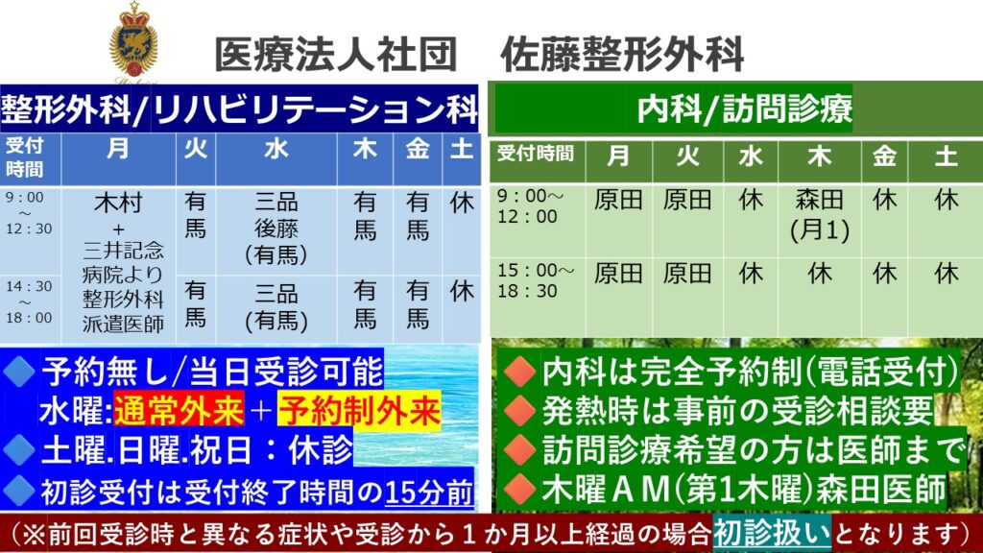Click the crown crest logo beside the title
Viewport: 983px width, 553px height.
133,41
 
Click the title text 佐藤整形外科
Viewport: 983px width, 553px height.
622,55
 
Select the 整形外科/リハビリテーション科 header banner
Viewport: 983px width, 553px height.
239,109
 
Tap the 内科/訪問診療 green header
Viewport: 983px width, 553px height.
744,108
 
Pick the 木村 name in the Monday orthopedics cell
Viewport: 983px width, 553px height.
118,203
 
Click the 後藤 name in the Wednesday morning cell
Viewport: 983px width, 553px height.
276,228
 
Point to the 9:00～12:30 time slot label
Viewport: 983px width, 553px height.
29,213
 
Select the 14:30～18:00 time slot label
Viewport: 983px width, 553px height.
29,301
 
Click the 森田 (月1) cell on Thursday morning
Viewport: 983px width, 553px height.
820,215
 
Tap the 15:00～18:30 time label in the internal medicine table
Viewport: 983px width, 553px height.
536,280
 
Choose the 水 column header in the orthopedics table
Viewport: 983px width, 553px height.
276,149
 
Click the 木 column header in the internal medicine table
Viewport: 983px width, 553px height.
819,156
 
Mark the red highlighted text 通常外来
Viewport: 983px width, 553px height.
179,411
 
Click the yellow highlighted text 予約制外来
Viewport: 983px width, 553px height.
359,411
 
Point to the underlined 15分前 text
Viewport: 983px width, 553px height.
429,493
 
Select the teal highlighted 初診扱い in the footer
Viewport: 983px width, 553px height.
772,534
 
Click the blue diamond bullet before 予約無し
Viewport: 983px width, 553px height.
19,372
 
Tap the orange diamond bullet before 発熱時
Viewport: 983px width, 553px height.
519,411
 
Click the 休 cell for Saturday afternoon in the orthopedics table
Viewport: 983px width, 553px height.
462,291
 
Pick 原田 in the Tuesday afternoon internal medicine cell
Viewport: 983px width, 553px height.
687,274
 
